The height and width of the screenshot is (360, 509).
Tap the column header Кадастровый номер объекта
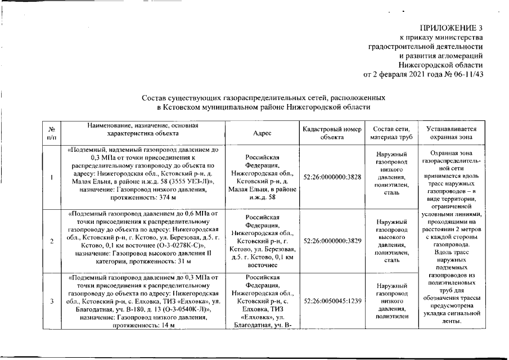click(331, 133)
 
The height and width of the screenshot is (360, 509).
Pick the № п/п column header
click(52, 133)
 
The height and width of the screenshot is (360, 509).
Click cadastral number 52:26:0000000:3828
click(331, 177)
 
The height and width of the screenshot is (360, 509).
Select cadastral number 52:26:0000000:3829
click(331, 240)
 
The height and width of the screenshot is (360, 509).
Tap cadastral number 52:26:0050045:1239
click(331, 301)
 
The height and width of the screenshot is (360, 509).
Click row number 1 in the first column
click(52, 178)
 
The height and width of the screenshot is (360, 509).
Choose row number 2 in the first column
click(52, 241)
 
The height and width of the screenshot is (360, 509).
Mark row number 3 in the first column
click(52, 301)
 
